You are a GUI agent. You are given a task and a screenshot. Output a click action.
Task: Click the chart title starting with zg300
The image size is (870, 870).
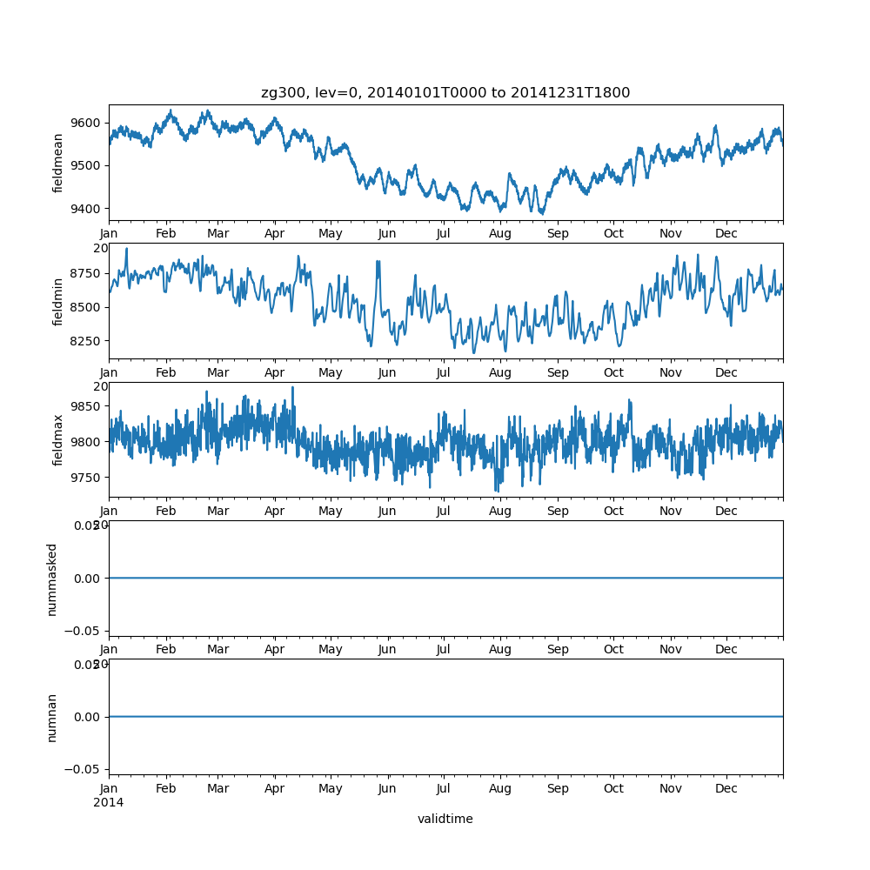pyautogui.click(x=445, y=92)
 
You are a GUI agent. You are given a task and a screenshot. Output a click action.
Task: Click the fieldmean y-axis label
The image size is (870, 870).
pyautogui.click(x=58, y=163)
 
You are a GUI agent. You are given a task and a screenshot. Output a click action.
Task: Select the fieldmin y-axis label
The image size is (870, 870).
pyautogui.click(x=58, y=301)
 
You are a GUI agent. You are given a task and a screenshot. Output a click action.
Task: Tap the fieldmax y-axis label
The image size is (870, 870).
pyautogui.click(x=58, y=439)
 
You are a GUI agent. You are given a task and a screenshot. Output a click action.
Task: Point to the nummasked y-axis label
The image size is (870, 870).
pyautogui.click(x=52, y=579)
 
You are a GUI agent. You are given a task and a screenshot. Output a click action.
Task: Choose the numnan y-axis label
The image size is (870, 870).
pyautogui.click(x=52, y=717)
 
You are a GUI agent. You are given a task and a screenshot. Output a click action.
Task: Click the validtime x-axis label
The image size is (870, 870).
pyautogui.click(x=445, y=819)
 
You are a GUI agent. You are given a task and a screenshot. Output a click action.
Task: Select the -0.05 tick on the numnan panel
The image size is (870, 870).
pyautogui.click(x=85, y=769)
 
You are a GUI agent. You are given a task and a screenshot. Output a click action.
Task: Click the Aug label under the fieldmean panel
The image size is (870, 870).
pyautogui.click(x=500, y=234)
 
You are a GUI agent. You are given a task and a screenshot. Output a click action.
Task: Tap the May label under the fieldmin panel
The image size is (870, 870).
pyautogui.click(x=331, y=373)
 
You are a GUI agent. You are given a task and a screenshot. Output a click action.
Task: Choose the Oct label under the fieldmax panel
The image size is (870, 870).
pyautogui.click(x=614, y=512)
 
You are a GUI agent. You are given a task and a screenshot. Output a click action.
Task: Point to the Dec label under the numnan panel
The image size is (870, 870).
pyautogui.click(x=726, y=789)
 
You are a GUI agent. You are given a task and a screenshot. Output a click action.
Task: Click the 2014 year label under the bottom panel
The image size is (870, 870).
pyautogui.click(x=108, y=802)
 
